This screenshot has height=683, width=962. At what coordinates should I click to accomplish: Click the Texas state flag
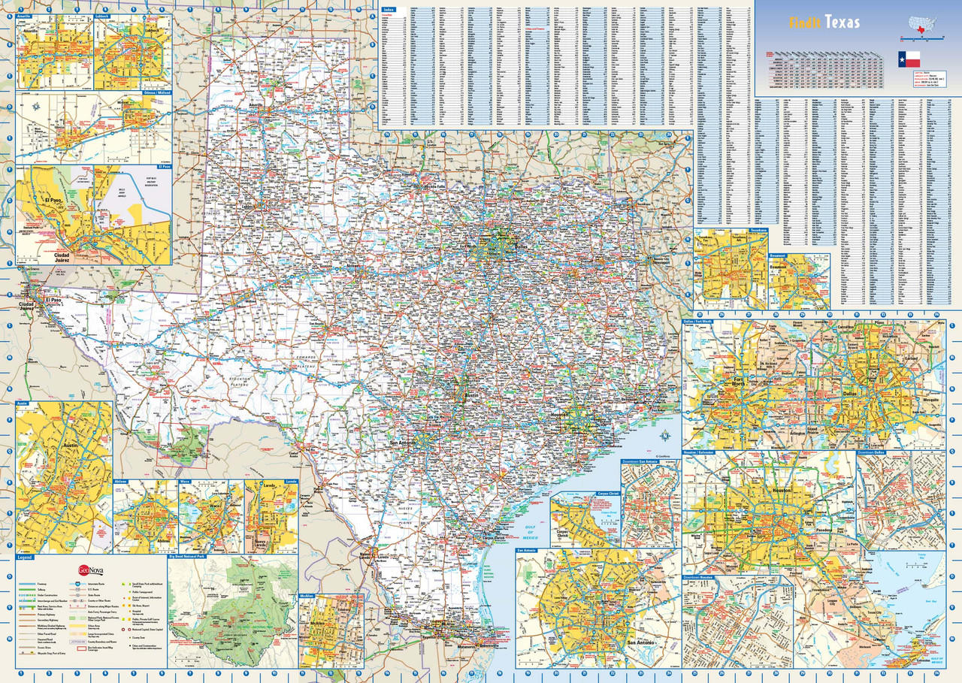tap(909, 59)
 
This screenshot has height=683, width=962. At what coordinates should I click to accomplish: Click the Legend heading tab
tap(26, 558)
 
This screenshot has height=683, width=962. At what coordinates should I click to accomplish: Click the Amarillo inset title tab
tap(25, 15)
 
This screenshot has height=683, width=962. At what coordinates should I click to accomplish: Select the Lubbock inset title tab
tap(102, 15)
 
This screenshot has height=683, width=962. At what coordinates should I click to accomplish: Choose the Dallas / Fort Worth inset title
tap(699, 322)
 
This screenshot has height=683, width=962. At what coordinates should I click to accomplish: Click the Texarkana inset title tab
tap(757, 231)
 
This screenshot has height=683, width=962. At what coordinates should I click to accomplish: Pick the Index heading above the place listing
tap(388, 8)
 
